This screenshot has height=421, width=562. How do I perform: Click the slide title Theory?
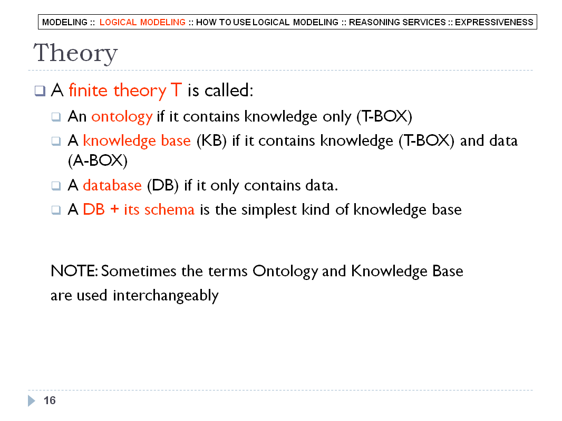[x=75, y=53]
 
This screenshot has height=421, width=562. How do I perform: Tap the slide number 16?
[x=50, y=400]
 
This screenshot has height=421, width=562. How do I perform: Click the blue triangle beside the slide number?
[x=32, y=400]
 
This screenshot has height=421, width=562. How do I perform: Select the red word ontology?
[x=122, y=117]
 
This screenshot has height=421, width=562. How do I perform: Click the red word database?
[x=112, y=185]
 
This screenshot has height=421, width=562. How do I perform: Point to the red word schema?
[x=169, y=209]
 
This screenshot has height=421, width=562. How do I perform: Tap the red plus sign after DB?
[x=114, y=209]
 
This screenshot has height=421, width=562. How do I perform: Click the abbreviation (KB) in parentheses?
[x=211, y=141]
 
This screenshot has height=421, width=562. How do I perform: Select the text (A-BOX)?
[x=98, y=161]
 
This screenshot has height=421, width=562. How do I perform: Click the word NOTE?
[x=74, y=271]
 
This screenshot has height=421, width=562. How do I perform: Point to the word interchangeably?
[x=166, y=296]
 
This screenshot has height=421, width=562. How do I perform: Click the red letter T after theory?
[x=176, y=90]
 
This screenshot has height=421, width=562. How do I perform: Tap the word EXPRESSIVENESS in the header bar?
[x=494, y=22]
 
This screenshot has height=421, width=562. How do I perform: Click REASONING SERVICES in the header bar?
[x=397, y=22]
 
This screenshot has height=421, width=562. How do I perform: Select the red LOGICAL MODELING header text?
[x=142, y=22]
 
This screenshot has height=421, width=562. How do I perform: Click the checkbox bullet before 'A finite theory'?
[x=40, y=91]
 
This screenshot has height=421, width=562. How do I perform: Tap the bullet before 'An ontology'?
[x=56, y=117]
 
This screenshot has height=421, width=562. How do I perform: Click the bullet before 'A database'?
[x=56, y=186]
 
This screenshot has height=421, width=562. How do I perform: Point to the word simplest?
[x=269, y=210]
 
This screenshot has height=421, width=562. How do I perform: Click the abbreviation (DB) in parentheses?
[x=163, y=186]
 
